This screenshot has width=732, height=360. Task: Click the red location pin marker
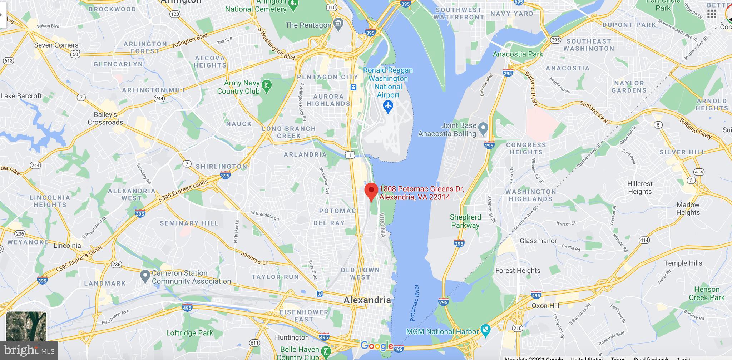(371, 191)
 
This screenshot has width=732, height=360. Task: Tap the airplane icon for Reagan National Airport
(388, 106)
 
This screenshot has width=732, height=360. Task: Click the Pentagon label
(308, 25)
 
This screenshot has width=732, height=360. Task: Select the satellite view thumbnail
(26, 326)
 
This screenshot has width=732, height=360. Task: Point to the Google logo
(377, 346)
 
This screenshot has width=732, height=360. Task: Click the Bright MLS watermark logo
(29, 350)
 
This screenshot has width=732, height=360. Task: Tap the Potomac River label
(414, 302)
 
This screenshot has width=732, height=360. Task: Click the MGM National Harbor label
(442, 331)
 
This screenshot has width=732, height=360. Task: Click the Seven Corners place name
(56, 45)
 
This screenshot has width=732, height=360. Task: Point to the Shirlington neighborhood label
(221, 166)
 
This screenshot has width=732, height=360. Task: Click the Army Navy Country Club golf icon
(267, 86)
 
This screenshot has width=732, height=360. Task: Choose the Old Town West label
(360, 273)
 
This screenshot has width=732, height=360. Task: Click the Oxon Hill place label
(545, 306)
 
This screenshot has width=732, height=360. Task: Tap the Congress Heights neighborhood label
(526, 148)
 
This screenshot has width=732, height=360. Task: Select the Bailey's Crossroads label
(105, 118)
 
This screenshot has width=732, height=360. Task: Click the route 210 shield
(517, 328)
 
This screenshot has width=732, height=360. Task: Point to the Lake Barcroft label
(21, 96)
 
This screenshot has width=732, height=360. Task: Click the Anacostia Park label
(518, 54)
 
